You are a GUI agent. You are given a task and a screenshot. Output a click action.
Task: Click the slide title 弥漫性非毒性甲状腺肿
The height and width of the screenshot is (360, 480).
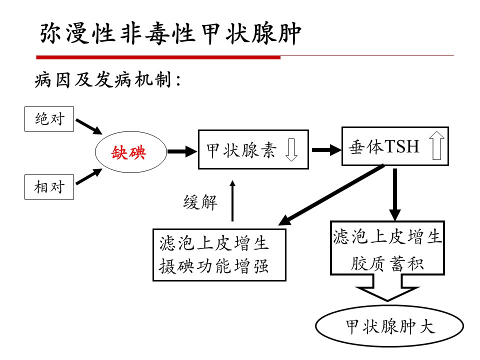(x=170, y=33)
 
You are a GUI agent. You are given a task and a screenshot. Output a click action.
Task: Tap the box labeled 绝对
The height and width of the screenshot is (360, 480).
(x=49, y=119)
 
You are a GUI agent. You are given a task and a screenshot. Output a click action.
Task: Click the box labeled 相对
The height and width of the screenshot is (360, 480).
(x=49, y=187)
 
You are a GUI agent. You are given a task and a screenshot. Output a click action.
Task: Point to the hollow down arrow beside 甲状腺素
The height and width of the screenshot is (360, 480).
(x=291, y=150)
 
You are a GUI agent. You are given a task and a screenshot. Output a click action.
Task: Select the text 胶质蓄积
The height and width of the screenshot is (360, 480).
(x=387, y=263)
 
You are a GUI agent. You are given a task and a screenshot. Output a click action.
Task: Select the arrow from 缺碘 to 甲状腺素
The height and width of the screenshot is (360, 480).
(x=181, y=150)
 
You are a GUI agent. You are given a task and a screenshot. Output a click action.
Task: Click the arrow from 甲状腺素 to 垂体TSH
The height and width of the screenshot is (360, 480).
(x=325, y=149)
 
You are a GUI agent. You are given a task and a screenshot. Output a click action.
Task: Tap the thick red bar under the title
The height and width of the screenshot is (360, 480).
(x=160, y=57)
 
